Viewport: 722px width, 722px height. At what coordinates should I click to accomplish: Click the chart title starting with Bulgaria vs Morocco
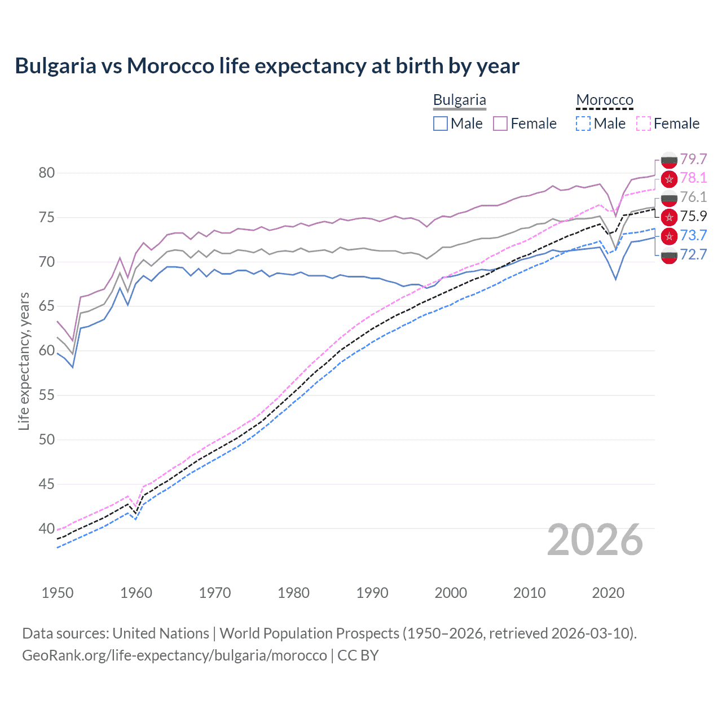(267, 66)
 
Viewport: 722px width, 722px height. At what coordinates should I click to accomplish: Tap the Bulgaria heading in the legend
(459, 100)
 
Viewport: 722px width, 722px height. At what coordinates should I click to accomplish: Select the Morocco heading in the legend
(605, 100)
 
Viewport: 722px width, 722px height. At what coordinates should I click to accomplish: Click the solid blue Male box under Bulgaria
(441, 124)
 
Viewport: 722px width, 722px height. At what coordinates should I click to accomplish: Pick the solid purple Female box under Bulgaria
(500, 124)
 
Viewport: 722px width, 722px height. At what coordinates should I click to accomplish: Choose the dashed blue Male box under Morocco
(584, 124)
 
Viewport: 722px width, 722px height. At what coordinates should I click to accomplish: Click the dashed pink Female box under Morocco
(644, 124)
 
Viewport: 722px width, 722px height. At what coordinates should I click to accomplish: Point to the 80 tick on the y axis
(47, 173)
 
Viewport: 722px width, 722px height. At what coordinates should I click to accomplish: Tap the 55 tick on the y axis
(47, 395)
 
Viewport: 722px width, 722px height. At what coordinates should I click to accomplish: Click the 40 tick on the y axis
(47, 529)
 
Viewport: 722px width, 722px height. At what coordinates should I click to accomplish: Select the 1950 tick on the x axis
(58, 593)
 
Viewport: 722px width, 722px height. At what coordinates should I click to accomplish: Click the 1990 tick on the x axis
(372, 593)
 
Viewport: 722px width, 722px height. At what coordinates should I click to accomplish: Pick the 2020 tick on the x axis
(608, 593)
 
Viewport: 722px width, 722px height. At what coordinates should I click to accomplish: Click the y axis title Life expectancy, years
(24, 361)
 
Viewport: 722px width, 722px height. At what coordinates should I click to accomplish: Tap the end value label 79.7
(693, 159)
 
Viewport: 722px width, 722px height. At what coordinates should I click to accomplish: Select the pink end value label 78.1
(693, 178)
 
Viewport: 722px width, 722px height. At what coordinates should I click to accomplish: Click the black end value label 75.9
(693, 217)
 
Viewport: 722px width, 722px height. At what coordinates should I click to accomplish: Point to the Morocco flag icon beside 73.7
(669, 236)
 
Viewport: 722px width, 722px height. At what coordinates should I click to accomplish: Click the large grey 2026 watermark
(595, 540)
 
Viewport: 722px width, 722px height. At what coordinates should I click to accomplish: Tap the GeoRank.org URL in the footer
(174, 655)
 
